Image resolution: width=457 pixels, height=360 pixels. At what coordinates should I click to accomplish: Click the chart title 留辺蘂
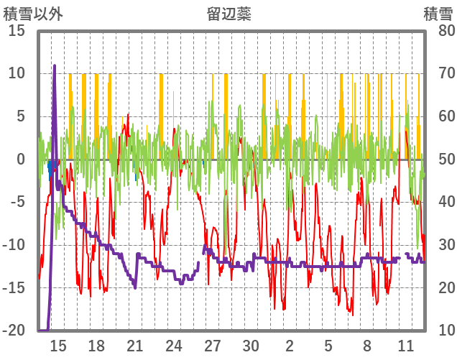tap(229, 14)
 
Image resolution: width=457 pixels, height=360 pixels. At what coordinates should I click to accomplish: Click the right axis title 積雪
tap(438, 14)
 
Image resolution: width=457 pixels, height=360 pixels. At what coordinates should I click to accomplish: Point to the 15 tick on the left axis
tap(17, 31)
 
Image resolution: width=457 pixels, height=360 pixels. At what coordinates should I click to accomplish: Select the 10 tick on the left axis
tap(17, 73)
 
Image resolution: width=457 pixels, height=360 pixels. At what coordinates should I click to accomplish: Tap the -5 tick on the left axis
tap(17, 202)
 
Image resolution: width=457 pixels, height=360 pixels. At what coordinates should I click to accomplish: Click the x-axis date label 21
tap(135, 346)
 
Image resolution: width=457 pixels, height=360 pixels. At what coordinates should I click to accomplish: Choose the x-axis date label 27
tap(212, 346)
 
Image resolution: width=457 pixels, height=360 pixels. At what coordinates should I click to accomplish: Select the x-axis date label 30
tap(251, 346)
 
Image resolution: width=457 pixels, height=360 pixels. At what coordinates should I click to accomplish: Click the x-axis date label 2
tap(290, 346)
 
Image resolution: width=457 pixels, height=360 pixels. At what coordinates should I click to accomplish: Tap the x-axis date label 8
tap(366, 346)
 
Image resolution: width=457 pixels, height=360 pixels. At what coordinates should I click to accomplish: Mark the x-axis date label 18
tap(96, 346)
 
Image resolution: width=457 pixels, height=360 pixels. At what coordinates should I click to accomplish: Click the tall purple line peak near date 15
tap(55, 65)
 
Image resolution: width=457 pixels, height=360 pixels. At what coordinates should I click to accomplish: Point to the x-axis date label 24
tap(174, 346)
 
